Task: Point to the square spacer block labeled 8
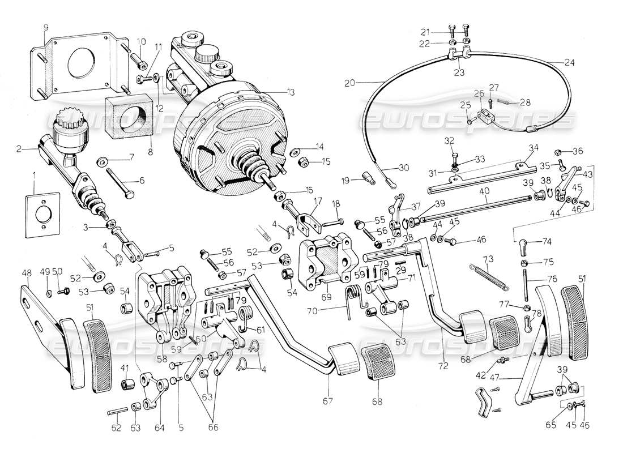(129, 117)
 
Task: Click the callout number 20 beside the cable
(349, 83)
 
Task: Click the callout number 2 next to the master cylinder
(19, 149)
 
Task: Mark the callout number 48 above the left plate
(27, 272)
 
